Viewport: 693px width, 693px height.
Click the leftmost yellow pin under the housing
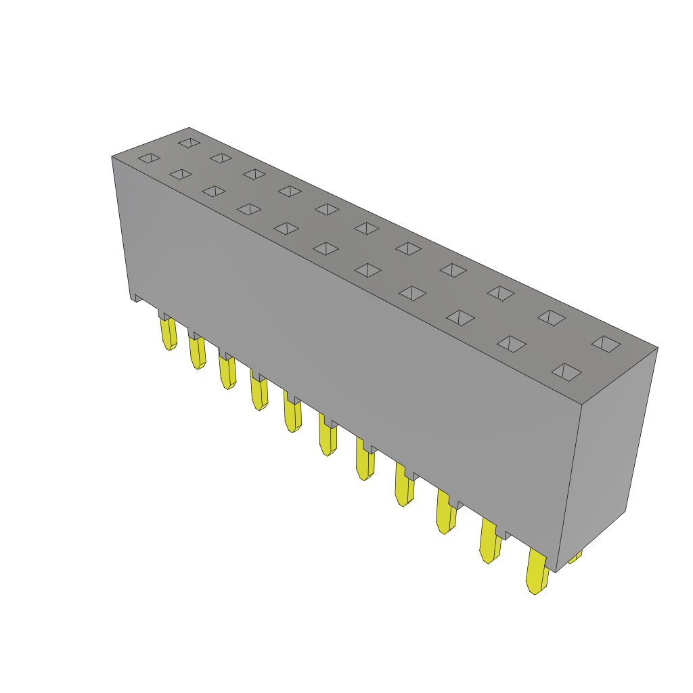click(169, 333)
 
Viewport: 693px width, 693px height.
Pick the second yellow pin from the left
click(197, 351)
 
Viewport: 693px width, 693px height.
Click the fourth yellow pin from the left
click(259, 392)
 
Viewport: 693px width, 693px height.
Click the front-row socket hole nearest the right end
click(566, 372)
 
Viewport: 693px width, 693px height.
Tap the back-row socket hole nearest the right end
click(606, 344)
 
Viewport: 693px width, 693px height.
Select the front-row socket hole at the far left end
click(149, 158)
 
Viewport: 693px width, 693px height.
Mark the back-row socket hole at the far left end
click(189, 143)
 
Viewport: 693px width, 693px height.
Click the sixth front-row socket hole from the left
click(326, 248)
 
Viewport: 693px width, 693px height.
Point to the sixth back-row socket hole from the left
click(367, 229)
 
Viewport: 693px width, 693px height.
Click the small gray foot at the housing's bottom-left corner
click(136, 297)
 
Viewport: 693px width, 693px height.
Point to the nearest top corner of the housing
click(582, 405)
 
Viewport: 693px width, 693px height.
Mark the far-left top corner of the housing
click(112, 157)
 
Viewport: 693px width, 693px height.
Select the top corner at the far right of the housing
click(657, 348)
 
